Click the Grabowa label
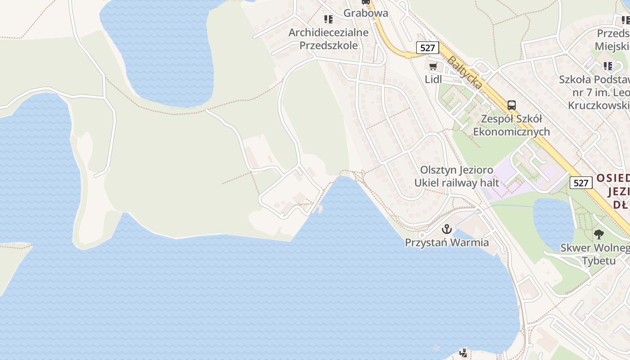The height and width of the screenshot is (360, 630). click(x=365, y=13)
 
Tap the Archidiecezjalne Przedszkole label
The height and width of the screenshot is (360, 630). click(x=328, y=39)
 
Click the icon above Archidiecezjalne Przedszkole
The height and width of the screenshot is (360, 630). click(x=328, y=19)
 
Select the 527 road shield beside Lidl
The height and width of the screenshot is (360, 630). click(x=427, y=48)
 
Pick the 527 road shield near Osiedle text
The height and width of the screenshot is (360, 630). click(x=580, y=183)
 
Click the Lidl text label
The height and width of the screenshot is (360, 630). click(x=433, y=79)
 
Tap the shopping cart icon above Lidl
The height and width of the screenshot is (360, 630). click(x=433, y=67)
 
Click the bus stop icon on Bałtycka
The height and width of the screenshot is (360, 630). click(x=512, y=105)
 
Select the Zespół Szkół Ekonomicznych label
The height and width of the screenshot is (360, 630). click(x=512, y=125)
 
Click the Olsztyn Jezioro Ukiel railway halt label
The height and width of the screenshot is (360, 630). click(x=457, y=176)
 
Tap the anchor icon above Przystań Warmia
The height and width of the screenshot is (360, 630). click(x=446, y=229)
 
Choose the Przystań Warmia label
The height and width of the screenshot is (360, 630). click(x=446, y=243)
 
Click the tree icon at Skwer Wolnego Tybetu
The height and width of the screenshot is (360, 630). click(x=598, y=234)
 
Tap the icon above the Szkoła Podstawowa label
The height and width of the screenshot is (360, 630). click(x=608, y=67)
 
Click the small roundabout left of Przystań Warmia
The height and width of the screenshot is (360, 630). click(x=422, y=235)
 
